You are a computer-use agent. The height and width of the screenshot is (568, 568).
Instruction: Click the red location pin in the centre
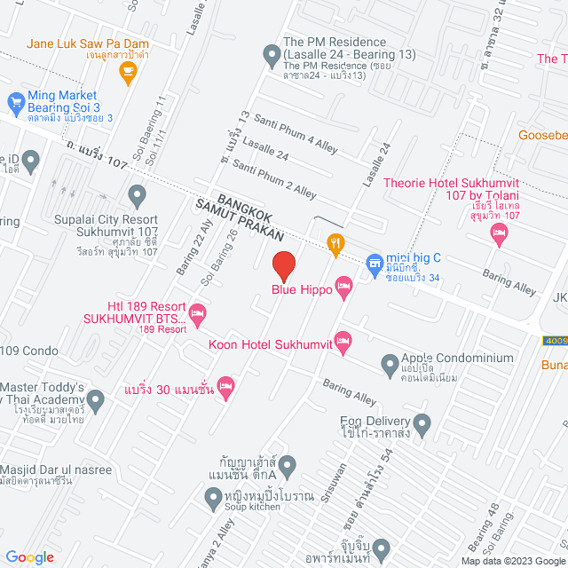click(x=283, y=265)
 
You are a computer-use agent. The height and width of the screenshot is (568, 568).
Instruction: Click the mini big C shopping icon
click(x=374, y=259)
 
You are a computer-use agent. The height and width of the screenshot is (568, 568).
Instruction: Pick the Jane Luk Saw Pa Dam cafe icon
click(x=128, y=72)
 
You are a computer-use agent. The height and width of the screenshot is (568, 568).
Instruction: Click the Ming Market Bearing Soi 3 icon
click(x=15, y=102)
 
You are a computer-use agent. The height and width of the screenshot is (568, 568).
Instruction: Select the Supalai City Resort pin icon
click(x=137, y=194)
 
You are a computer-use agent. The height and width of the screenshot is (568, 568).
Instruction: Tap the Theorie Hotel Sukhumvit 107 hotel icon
click(x=499, y=233)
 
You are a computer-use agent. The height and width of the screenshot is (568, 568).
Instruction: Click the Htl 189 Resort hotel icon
click(x=197, y=312)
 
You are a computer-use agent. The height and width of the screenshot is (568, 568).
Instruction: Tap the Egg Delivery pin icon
click(x=422, y=422)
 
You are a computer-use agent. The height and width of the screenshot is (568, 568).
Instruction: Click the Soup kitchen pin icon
click(x=213, y=501)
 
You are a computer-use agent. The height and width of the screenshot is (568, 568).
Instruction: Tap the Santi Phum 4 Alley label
click(x=285, y=129)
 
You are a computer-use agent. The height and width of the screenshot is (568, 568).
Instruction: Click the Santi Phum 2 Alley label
click(x=274, y=177)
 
